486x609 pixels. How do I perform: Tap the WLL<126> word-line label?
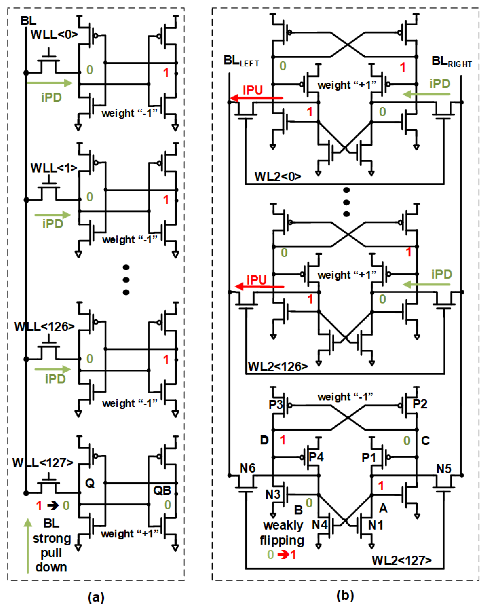(x=44, y=327)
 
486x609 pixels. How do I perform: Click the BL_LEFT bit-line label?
(x=241, y=61)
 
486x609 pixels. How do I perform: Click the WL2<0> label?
(x=278, y=176)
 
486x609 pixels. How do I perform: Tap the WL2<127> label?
(x=401, y=560)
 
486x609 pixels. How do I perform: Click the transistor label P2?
(x=420, y=404)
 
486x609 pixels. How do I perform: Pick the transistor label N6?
(x=247, y=468)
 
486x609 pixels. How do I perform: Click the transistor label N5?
(x=444, y=469)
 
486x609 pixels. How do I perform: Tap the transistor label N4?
(x=319, y=525)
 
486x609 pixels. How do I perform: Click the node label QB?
(x=162, y=490)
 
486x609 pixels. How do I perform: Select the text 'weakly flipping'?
(x=283, y=533)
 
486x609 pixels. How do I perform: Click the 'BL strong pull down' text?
(x=51, y=545)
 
